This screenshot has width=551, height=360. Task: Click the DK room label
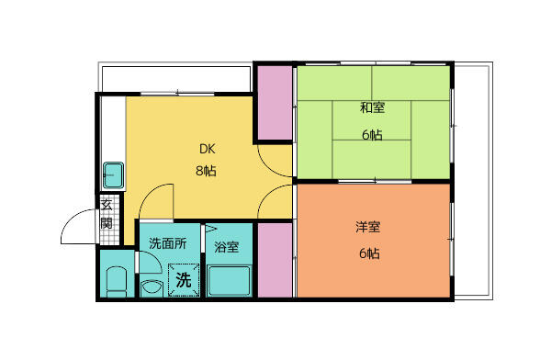(207, 149)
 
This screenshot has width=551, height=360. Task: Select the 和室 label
(372, 108)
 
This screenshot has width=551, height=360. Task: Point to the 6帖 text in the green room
(372, 135)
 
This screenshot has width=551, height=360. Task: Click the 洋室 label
(369, 227)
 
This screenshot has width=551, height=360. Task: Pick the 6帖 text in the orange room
(369, 253)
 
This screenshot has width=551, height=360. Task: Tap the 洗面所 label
(168, 244)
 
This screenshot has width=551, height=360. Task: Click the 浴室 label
(227, 246)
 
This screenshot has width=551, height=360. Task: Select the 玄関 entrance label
(107, 214)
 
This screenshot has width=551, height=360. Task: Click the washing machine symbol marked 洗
(183, 280)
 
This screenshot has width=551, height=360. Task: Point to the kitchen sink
(113, 174)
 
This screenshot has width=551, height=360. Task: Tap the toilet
(117, 281)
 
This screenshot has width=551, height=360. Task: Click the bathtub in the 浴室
(229, 279)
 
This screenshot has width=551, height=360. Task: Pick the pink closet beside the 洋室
(275, 260)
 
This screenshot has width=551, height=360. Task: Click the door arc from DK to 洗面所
(158, 197)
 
